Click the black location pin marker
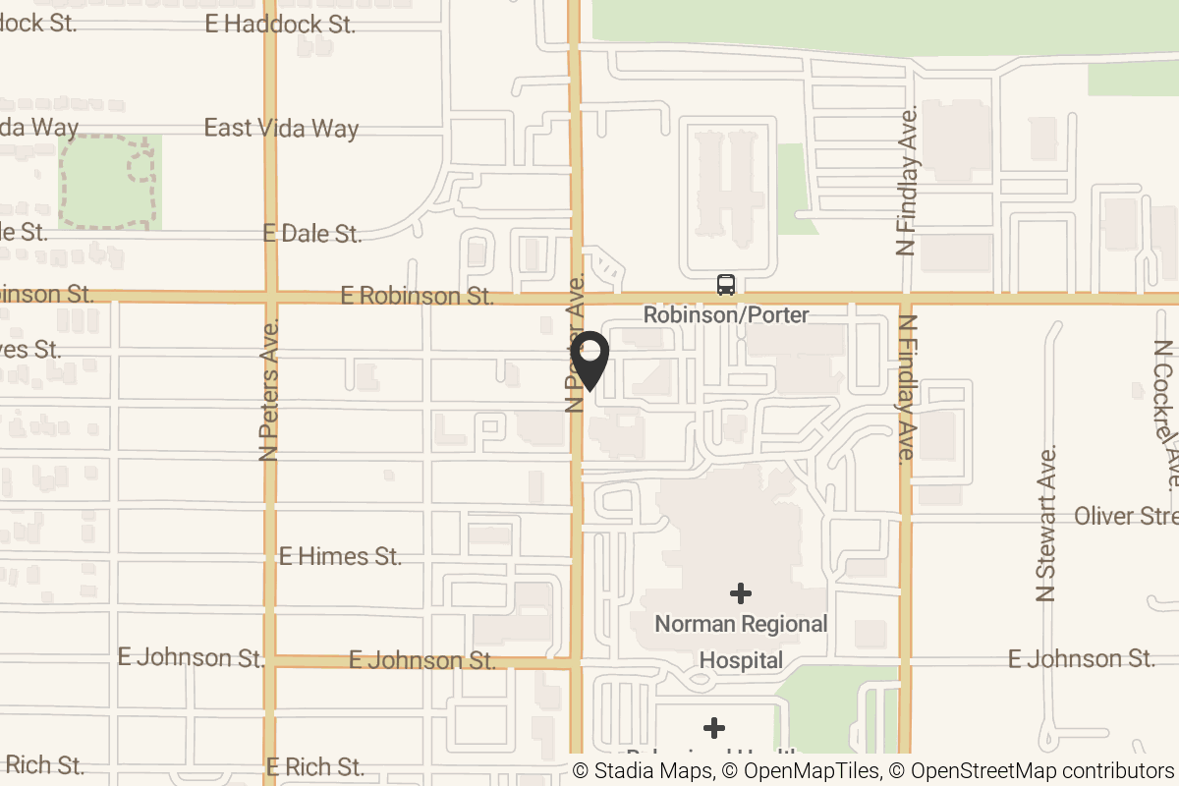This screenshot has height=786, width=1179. tap(590, 360)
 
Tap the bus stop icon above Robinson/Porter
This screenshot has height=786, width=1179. tap(726, 285)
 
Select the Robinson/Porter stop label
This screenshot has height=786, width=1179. tap(726, 315)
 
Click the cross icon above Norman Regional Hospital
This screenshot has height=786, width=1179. tap(741, 592)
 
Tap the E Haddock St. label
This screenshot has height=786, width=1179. tap(280, 25)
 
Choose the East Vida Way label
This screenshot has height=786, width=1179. tap(281, 128)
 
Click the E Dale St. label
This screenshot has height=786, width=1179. tap(312, 234)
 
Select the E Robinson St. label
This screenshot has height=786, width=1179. tap(416, 295)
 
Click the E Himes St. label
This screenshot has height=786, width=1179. tap(340, 556)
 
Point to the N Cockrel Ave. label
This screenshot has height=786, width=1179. tap(1167, 415)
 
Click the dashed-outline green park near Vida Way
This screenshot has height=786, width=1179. tap(109, 183)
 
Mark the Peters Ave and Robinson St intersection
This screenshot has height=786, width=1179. tap(270, 296)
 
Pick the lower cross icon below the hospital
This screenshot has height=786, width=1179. tap(714, 728)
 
